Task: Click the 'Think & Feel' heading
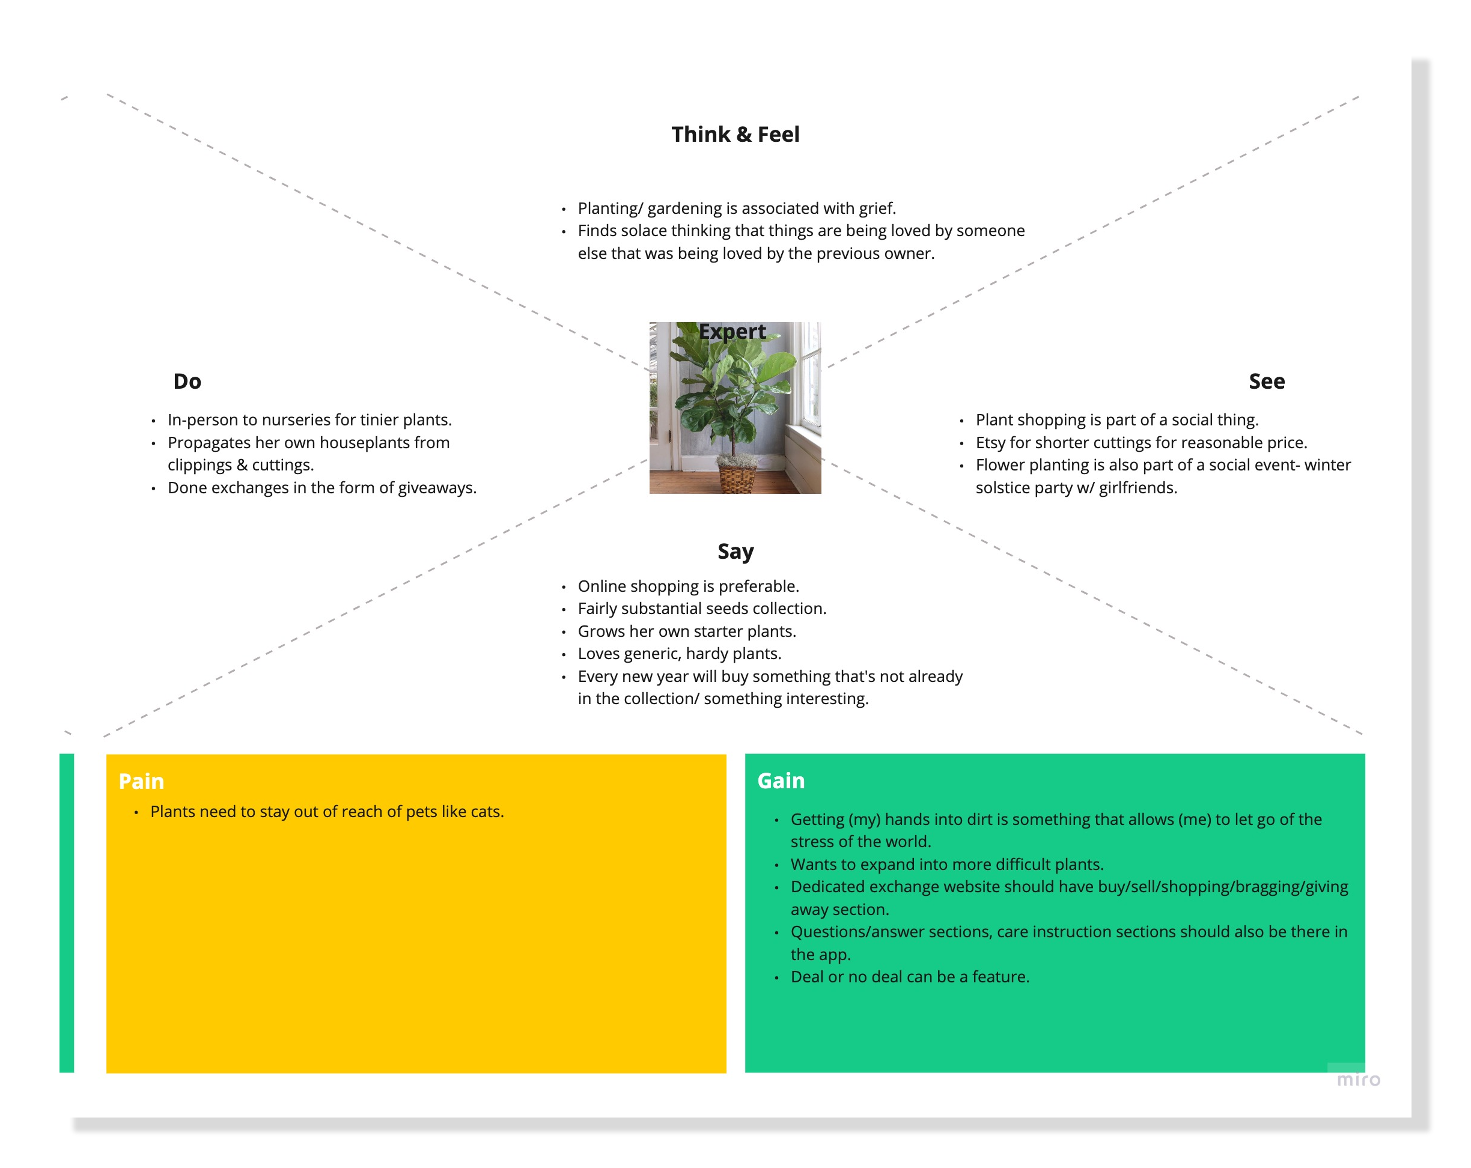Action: (735, 135)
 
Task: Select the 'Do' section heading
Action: (187, 382)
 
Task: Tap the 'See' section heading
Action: (1266, 382)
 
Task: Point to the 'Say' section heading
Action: (735, 551)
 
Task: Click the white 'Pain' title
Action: (141, 781)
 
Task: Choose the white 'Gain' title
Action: (781, 780)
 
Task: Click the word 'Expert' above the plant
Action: (732, 332)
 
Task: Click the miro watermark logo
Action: (1358, 1079)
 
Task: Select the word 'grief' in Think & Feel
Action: (876, 208)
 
